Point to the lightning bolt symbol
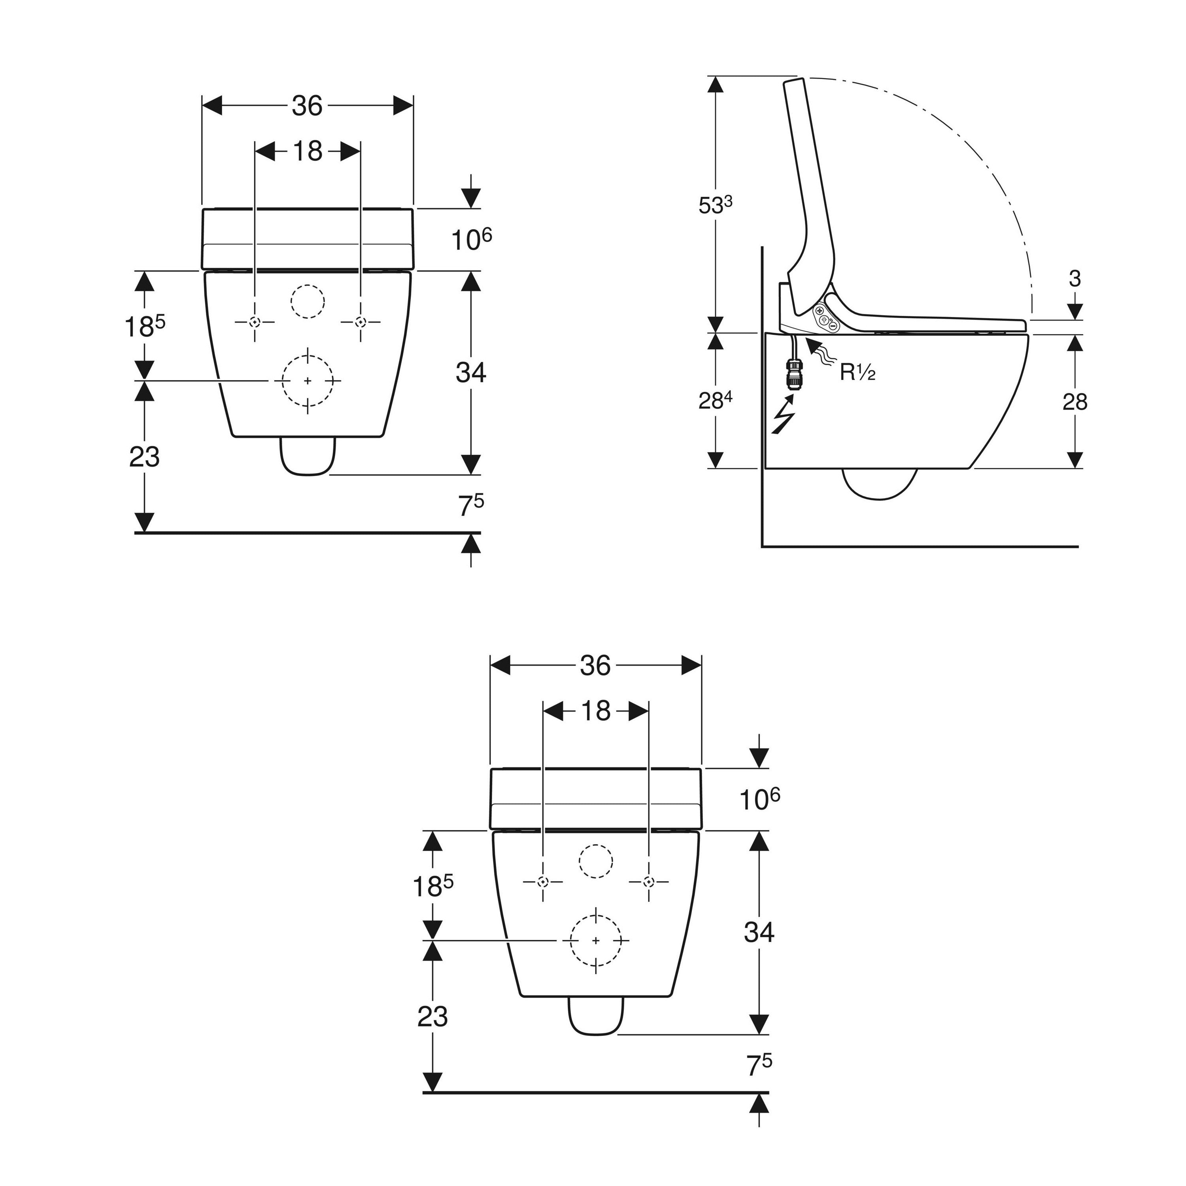[x=783, y=415]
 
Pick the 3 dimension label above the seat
[x=1074, y=280]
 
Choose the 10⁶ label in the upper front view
[x=472, y=240]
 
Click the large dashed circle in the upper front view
[x=308, y=381]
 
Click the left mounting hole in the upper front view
[x=255, y=322]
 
